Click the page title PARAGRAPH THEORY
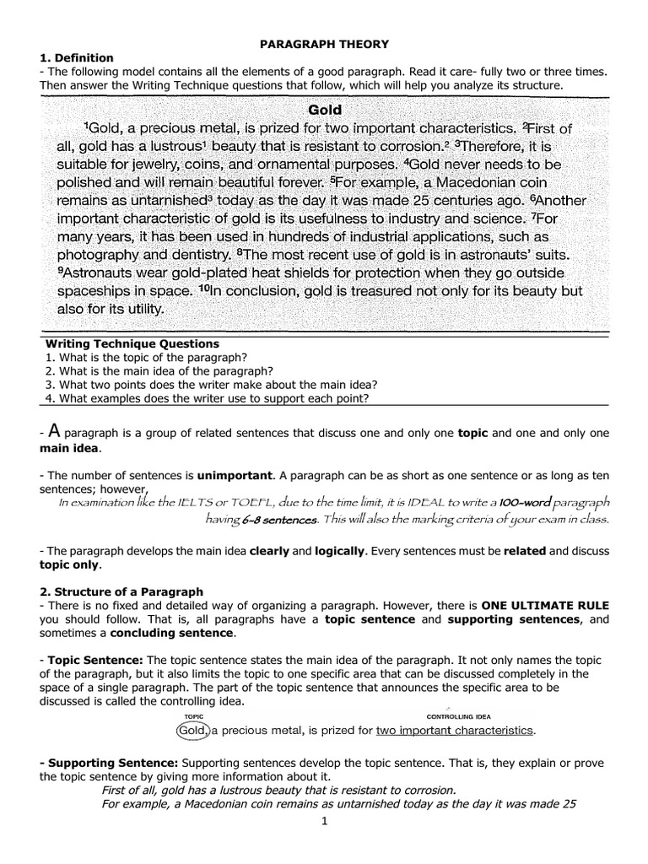click(x=325, y=43)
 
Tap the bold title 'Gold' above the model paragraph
click(x=325, y=110)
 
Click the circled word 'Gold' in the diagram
click(x=193, y=729)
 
